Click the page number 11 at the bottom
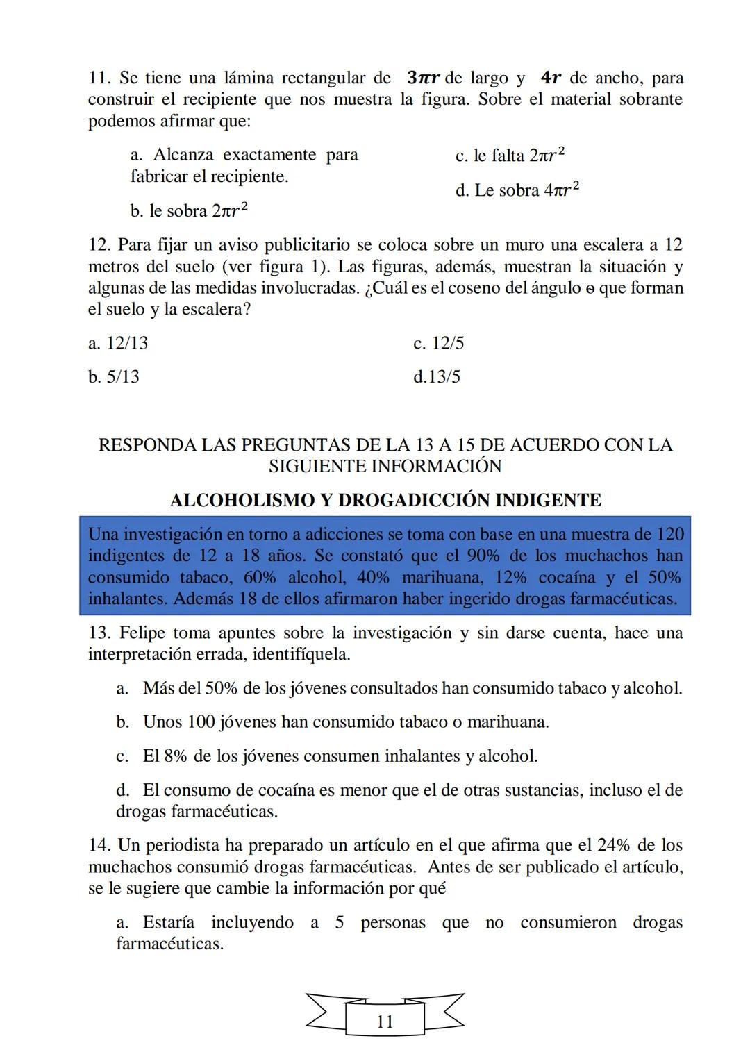[385, 1022]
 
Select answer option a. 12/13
[118, 343]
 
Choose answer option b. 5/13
[114, 377]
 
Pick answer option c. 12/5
[438, 343]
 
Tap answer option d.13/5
[436, 377]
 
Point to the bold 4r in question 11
[551, 78]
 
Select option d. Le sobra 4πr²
[517, 190]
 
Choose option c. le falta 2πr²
[510, 156]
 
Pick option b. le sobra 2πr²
[189, 210]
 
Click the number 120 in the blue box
[669, 534]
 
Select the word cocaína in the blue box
[567, 577]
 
